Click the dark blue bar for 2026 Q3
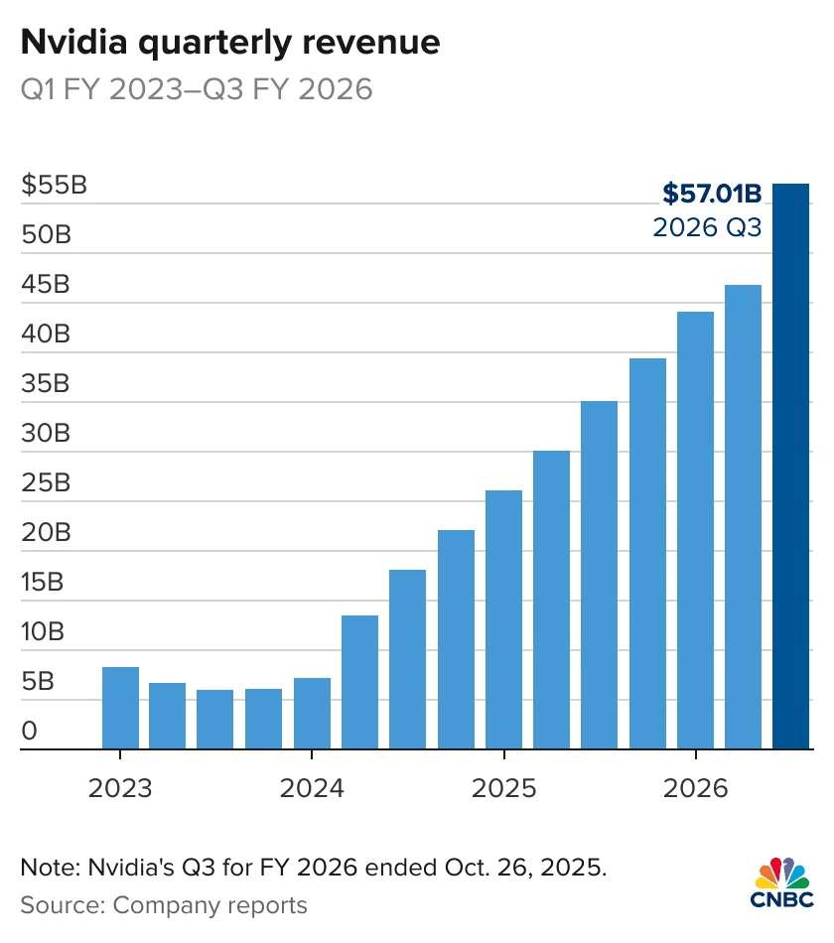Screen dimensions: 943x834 791,467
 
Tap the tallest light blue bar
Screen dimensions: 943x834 743,516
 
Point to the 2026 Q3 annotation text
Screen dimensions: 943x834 706,227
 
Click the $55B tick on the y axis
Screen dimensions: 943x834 54,185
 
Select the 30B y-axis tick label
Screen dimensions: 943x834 46,433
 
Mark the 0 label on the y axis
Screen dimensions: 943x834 30,731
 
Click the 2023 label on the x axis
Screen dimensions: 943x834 120,789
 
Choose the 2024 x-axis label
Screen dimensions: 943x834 312,789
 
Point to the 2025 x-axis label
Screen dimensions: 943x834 503,789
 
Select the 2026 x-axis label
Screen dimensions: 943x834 695,789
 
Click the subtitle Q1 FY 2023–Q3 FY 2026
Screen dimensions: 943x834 197,89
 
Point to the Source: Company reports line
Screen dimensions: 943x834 164,905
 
